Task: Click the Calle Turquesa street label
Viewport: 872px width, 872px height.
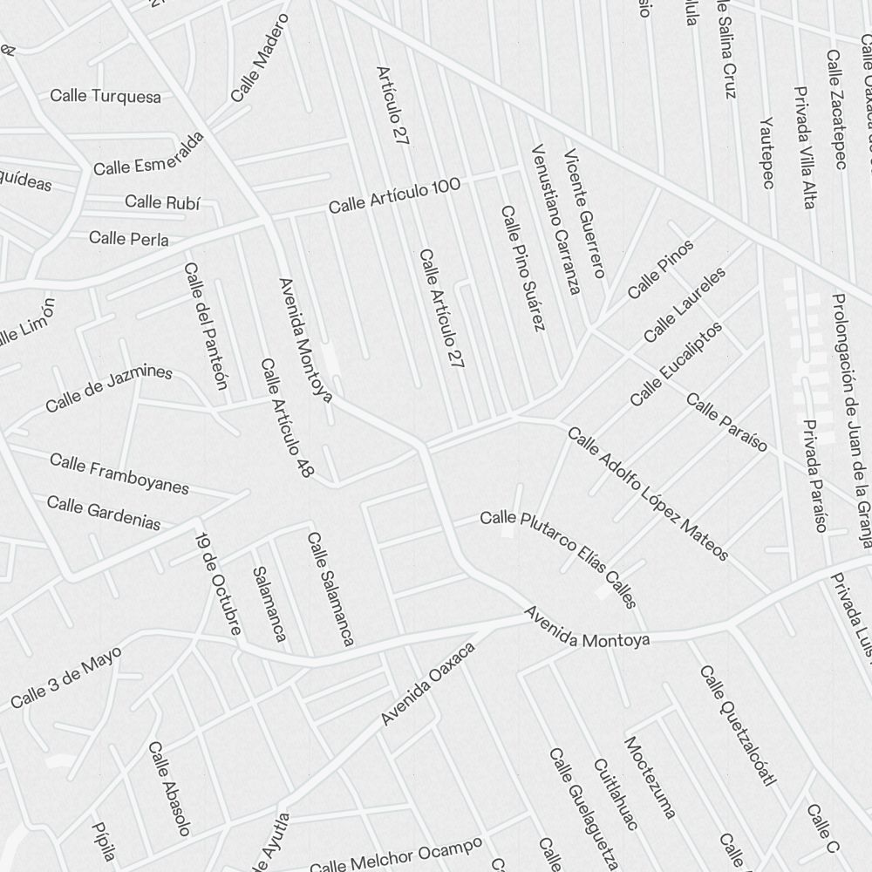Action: pos(106,96)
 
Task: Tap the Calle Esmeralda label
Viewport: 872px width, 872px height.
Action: pos(149,153)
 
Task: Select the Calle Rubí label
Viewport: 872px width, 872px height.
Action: pos(162,202)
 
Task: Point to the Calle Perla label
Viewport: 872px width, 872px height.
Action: pos(129,238)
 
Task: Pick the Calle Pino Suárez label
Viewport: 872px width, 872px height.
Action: pos(522,268)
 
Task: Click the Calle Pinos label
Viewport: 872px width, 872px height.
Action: pos(661,268)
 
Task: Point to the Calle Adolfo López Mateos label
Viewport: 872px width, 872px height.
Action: pos(647,494)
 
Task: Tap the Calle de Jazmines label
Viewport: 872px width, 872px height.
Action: pos(109,390)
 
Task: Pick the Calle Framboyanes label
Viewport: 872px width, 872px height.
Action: pos(119,473)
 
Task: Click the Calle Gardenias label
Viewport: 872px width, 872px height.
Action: pos(104,513)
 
